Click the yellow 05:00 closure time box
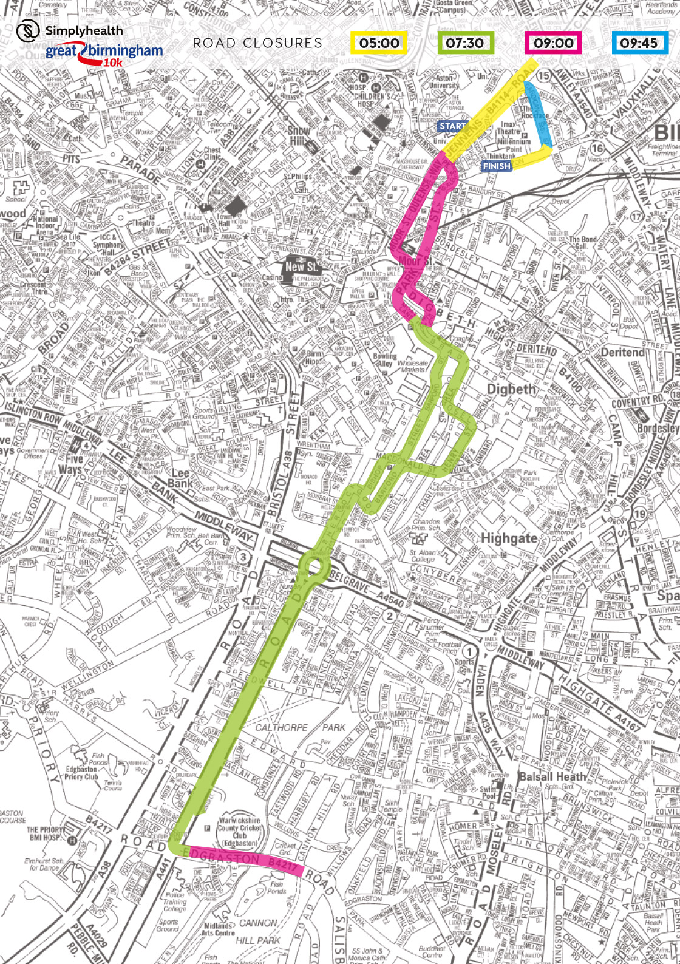379,43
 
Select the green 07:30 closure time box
465,43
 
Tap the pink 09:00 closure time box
553,43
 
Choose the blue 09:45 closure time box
639,43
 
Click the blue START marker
452,126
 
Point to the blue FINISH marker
497,166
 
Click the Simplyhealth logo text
83,30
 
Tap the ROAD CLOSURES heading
257,43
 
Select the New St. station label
302,266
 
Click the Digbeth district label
512,389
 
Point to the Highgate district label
509,538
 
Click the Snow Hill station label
299,135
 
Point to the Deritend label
622,352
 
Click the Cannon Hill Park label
258,932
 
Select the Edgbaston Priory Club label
82,773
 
